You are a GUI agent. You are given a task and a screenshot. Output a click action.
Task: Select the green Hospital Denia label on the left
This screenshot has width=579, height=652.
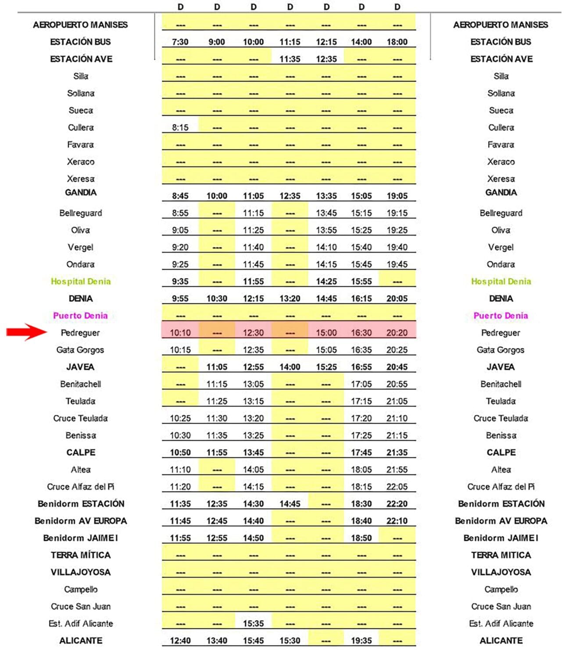(81, 281)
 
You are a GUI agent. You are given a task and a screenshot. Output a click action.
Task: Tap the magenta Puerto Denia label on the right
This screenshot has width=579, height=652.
(500, 316)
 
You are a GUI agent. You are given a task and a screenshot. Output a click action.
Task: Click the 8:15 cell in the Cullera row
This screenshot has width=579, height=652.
(180, 128)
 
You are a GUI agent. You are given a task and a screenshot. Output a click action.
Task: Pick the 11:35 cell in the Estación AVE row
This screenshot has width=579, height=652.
(290, 59)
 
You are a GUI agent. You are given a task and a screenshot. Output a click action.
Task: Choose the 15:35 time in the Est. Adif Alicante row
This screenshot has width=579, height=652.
(254, 623)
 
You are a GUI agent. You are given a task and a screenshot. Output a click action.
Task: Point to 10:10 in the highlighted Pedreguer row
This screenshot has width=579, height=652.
(180, 333)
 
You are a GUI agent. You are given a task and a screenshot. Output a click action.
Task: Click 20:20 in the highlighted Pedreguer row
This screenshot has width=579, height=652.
(397, 333)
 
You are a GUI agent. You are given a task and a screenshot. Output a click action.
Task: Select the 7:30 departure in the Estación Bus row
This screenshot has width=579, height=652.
(180, 42)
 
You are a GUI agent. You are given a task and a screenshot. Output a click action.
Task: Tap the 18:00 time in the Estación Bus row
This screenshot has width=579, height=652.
(397, 42)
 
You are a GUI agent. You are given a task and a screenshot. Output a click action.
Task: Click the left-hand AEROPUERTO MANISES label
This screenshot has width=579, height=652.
(80, 25)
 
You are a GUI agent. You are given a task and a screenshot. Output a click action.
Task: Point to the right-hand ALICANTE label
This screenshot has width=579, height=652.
(501, 641)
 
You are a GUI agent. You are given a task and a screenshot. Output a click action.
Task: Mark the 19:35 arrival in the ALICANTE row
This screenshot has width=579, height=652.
(361, 641)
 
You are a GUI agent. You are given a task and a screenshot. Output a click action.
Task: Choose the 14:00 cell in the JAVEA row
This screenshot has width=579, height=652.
(290, 367)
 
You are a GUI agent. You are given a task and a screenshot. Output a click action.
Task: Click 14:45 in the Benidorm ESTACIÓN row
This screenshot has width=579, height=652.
(290, 504)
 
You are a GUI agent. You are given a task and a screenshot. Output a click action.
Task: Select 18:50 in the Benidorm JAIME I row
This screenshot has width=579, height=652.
(361, 538)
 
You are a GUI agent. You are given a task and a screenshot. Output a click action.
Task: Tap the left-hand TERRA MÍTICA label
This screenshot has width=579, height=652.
(81, 555)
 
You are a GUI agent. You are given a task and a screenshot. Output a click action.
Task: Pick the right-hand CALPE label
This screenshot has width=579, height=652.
(501, 453)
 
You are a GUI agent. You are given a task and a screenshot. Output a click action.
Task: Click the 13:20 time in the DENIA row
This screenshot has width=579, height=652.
(290, 299)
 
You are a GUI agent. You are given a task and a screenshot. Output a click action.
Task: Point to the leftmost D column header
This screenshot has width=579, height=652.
(180, 7)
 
